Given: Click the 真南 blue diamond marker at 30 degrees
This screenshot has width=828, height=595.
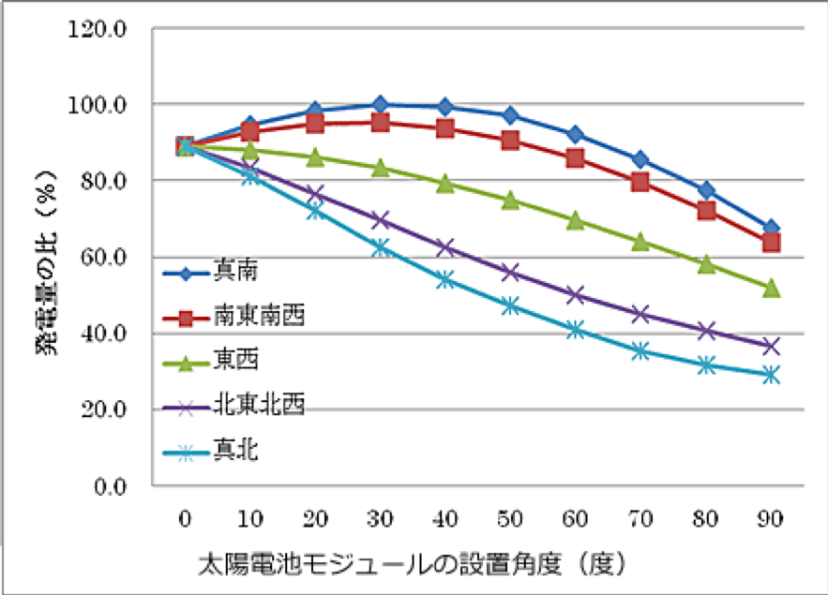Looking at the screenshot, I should [x=380, y=104].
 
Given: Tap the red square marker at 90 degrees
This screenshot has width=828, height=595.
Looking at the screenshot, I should [x=772, y=243].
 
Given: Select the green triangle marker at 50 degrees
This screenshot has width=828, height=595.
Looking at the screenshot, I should [x=510, y=200].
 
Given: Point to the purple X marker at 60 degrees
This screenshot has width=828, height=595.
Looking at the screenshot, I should [x=576, y=295].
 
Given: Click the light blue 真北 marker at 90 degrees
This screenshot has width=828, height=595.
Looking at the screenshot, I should [x=772, y=375].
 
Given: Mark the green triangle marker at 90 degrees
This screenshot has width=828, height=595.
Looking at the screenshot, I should [x=772, y=288].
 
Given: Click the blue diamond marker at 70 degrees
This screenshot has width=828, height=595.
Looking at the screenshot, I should [x=641, y=159].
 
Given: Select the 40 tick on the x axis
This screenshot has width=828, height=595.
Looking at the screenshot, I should [x=445, y=518].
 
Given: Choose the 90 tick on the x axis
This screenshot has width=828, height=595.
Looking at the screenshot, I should [x=772, y=518].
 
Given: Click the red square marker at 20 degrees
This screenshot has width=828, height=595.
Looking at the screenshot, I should [x=315, y=124].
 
